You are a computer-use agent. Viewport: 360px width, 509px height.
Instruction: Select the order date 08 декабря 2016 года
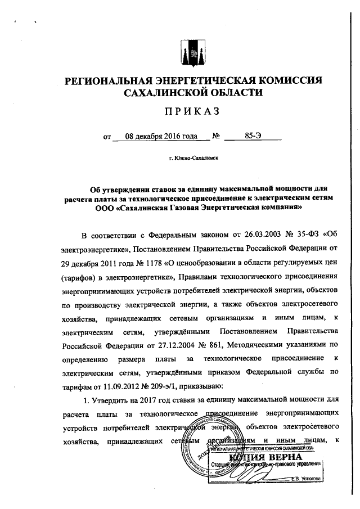point(154,136)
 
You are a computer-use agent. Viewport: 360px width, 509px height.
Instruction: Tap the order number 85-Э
point(252,136)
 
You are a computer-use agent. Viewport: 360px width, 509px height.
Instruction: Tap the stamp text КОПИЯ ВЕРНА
point(264,456)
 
